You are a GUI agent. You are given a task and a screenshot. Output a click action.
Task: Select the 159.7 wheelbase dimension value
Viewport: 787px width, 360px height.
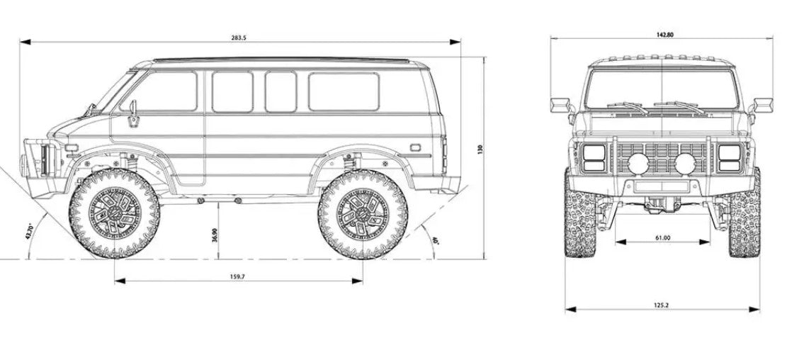click(x=238, y=276)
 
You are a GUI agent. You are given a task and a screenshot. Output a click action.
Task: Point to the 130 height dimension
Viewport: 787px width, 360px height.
click(x=480, y=150)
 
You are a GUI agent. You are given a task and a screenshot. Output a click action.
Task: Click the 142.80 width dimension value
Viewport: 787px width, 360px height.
click(x=664, y=34)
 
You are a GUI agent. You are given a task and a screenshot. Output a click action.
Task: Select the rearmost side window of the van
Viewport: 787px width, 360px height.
click(x=344, y=91)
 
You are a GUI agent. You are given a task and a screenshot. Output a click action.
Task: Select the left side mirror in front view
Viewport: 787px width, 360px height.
click(x=560, y=105)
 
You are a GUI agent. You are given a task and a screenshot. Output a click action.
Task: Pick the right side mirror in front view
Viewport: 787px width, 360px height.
click(x=764, y=105)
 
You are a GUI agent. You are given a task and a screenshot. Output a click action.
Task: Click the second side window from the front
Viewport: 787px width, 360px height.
click(x=232, y=91)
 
